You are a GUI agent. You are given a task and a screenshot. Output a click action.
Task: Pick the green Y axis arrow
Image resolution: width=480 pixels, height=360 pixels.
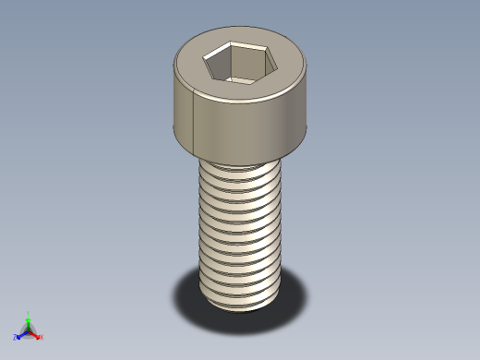pyautogui.click(x=28, y=320)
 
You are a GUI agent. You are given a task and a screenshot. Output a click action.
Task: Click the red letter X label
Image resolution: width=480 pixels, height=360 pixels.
pyautogui.click(x=42, y=337)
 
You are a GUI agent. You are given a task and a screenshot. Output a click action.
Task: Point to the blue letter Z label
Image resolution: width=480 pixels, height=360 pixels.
pyautogui.click(x=15, y=337)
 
